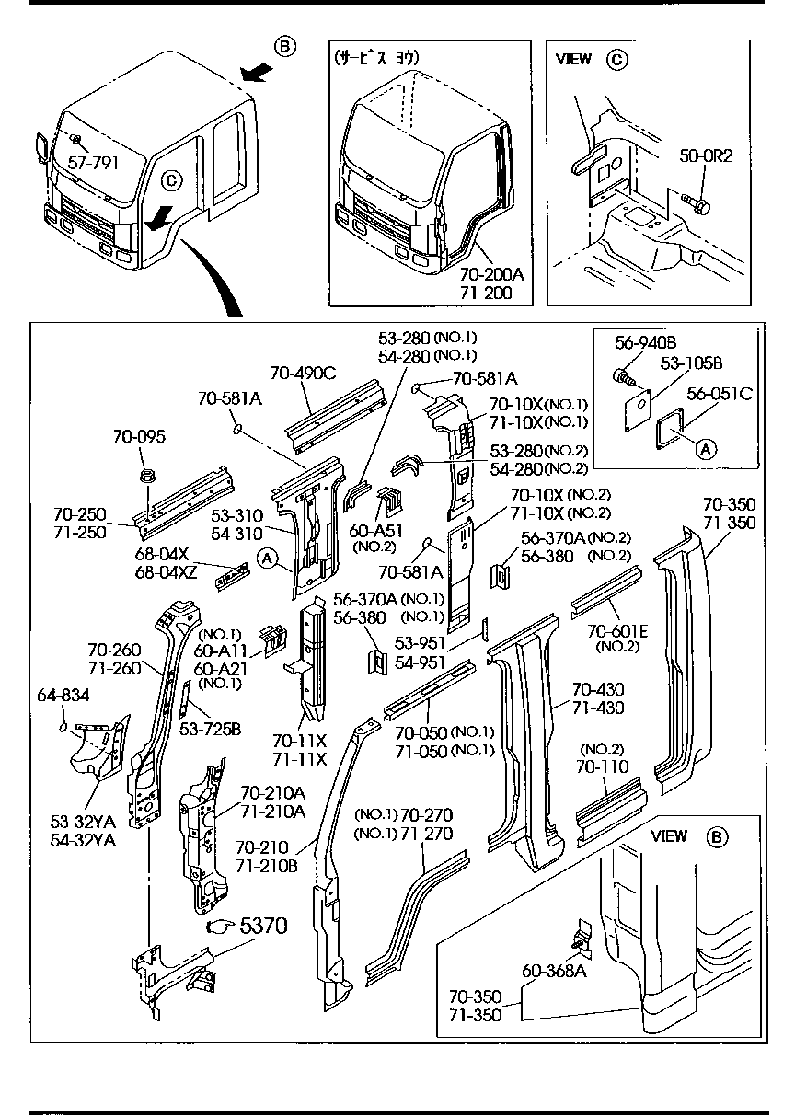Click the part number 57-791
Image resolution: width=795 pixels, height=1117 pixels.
[93, 163]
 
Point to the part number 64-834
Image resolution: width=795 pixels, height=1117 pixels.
[63, 695]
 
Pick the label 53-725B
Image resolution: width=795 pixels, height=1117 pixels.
[211, 730]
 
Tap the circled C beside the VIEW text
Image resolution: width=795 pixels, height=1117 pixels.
[616, 59]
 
